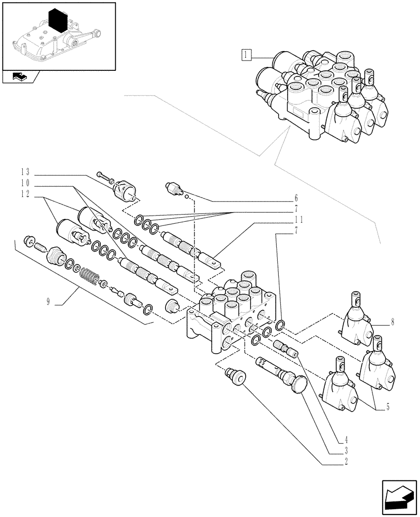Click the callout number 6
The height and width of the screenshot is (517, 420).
(x=296, y=197)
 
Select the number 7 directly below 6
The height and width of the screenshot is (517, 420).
(x=296, y=208)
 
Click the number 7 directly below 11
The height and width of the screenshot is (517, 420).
(x=296, y=230)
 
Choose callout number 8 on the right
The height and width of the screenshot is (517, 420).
(x=393, y=322)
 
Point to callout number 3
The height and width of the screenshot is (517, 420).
(x=341, y=451)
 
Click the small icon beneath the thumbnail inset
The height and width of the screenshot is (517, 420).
(x=20, y=78)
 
